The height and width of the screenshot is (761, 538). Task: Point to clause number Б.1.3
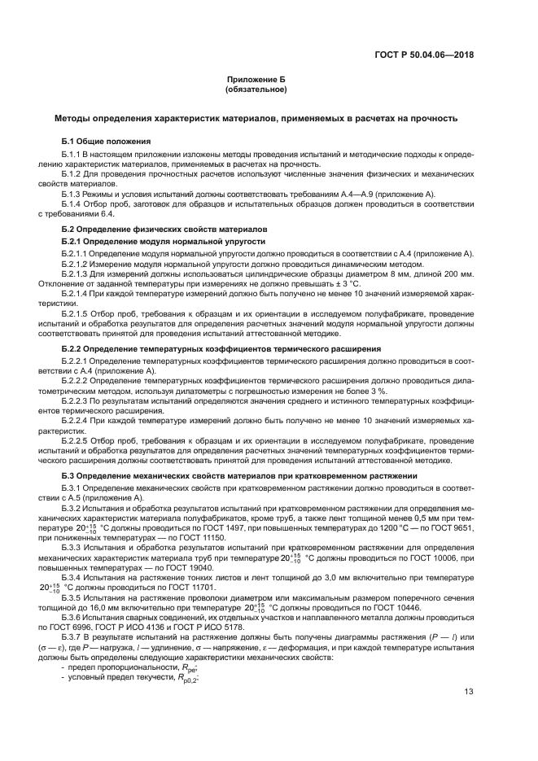click(x=74, y=194)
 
